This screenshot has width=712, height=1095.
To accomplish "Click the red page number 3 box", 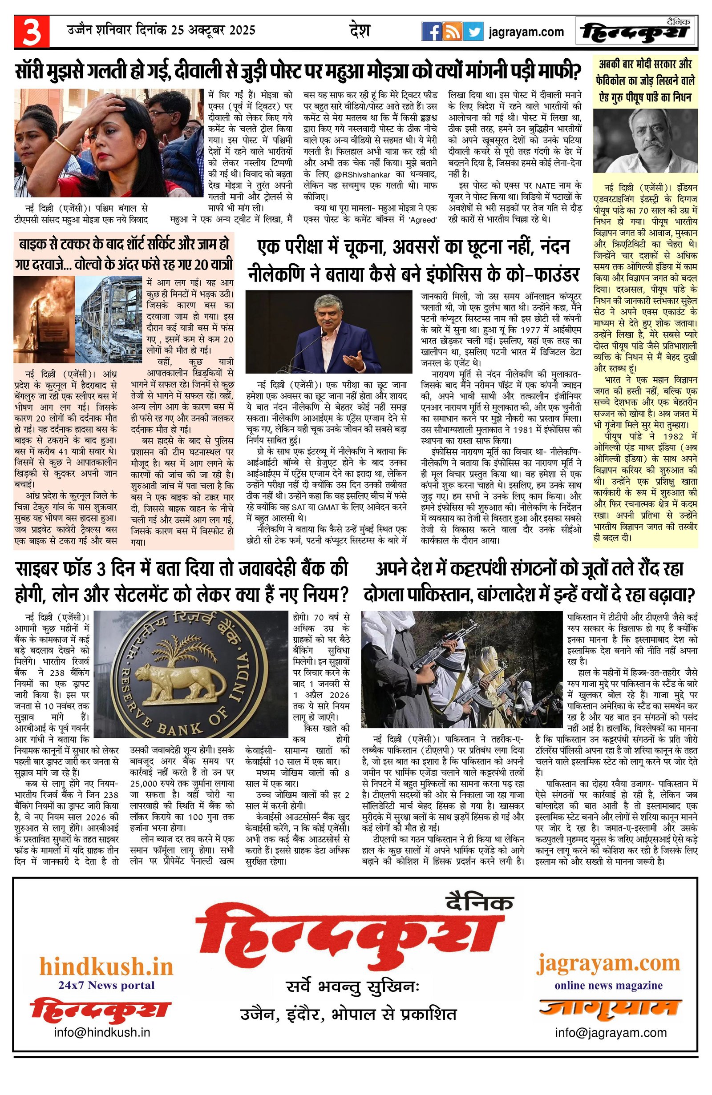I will tap(31, 31).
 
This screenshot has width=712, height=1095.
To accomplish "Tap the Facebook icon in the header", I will tap(431, 32).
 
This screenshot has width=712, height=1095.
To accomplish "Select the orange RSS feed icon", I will tap(452, 32).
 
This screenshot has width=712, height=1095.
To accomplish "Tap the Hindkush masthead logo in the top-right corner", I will tap(636, 32).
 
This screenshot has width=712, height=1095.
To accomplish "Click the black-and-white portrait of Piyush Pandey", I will tap(645, 141).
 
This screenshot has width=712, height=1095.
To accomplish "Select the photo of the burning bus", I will tap(44, 319).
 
